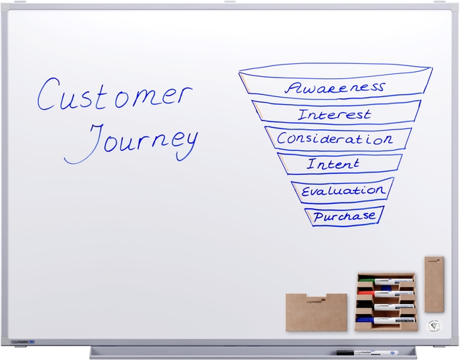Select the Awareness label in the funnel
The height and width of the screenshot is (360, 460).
click(334, 88)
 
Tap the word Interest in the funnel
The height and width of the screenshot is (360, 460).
click(334, 114)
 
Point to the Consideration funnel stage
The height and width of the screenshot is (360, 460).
click(336, 138)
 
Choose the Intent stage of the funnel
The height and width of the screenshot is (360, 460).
click(333, 165)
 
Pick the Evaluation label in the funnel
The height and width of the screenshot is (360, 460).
click(342, 191)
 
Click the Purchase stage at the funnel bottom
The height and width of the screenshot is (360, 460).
click(344, 216)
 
